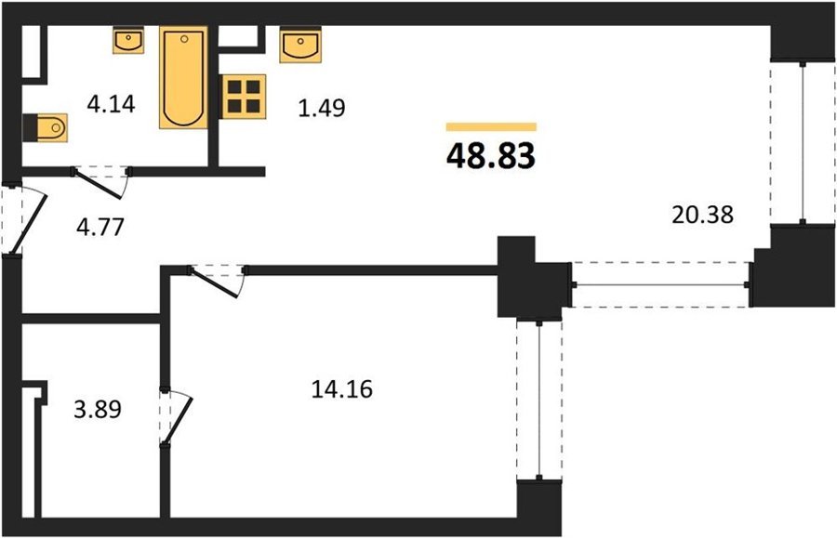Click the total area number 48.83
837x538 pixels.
(x=490, y=156)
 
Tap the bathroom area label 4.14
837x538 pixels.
(x=111, y=104)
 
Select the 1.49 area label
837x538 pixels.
(x=322, y=108)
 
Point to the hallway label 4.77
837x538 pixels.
(x=100, y=227)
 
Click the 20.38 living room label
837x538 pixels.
(x=703, y=215)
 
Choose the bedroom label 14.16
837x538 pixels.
(x=341, y=389)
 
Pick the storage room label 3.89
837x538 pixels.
(x=98, y=410)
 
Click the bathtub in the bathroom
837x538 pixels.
(x=183, y=78)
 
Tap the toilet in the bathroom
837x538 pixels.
(x=46, y=127)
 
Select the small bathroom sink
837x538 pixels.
(x=128, y=41)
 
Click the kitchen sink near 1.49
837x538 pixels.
(x=300, y=45)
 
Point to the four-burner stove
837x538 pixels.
(x=244, y=97)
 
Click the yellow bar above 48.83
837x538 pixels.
(x=491, y=126)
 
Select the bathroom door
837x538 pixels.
(x=101, y=182)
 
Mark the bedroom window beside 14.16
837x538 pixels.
(x=539, y=400)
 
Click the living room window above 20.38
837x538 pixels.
(x=803, y=142)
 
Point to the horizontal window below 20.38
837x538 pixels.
(x=660, y=284)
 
